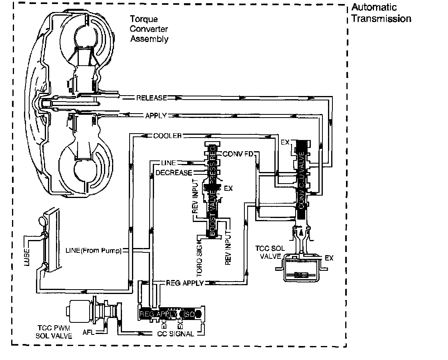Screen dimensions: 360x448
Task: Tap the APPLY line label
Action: click(156, 116)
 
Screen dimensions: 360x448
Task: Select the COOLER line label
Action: click(167, 136)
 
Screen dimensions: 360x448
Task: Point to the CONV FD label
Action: click(238, 154)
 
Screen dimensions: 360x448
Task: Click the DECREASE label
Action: click(174, 173)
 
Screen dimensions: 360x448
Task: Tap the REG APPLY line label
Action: click(184, 283)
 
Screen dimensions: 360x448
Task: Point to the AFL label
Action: click(88, 332)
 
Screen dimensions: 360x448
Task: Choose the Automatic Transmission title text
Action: click(380, 13)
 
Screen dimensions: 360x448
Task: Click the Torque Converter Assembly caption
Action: click(149, 29)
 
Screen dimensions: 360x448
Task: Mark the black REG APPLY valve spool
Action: click(168, 314)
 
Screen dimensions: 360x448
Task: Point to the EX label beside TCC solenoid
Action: click(329, 258)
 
